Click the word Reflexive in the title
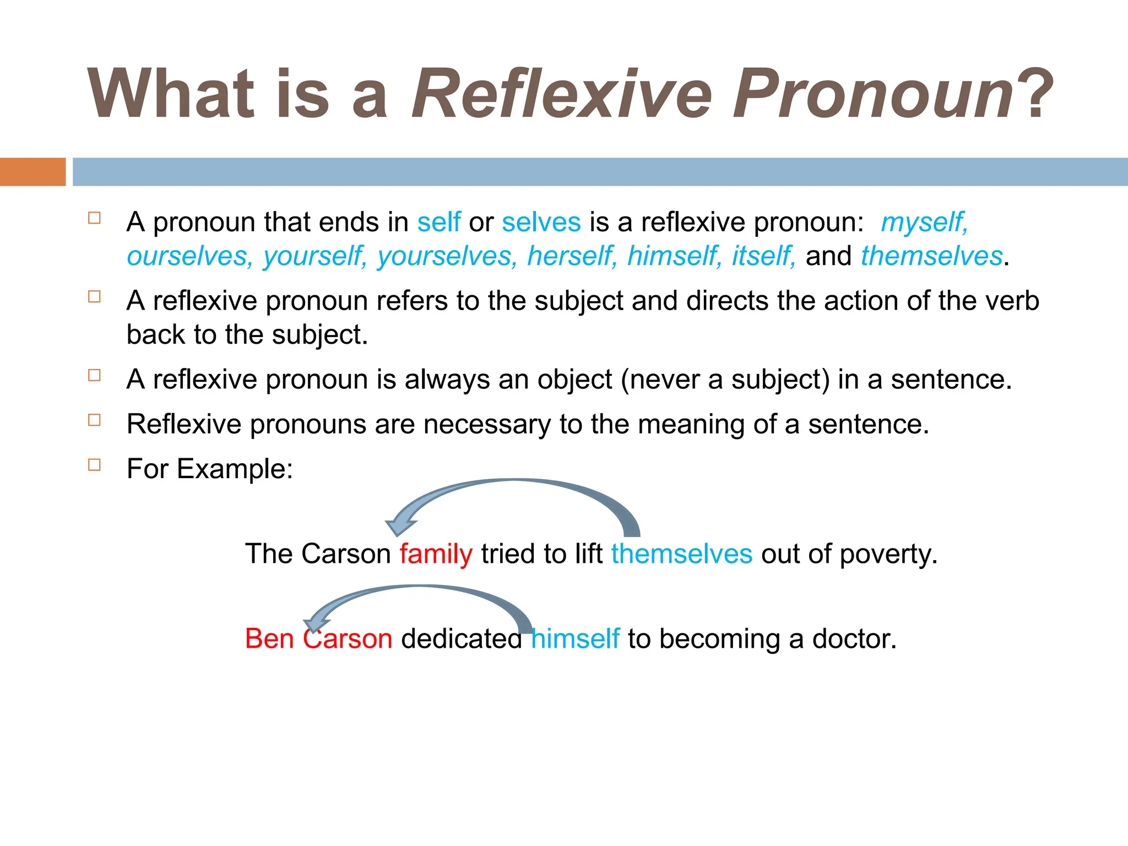click(562, 94)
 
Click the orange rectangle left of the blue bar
click(32, 172)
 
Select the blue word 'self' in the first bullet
click(438, 222)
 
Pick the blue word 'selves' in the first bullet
click(541, 222)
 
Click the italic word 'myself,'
click(924, 223)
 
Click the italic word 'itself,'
click(763, 256)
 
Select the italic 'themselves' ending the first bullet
click(931, 256)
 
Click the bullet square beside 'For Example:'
click(95, 465)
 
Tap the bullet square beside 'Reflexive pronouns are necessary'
click(95, 420)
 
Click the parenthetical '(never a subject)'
click(725, 380)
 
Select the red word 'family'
click(436, 554)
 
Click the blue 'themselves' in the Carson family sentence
click(681, 554)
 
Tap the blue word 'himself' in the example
click(575, 639)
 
